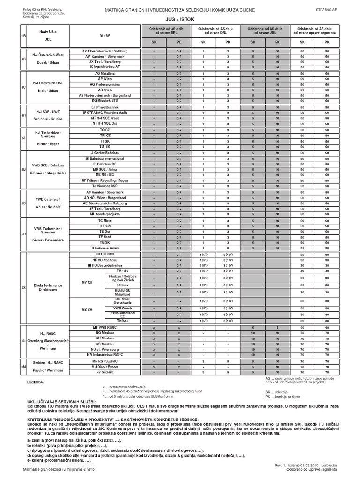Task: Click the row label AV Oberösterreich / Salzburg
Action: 105,51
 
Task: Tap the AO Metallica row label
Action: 105,74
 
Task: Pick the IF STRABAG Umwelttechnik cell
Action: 105,112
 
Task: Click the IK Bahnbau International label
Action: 105,158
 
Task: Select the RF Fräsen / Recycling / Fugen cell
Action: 105,180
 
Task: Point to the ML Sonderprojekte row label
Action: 105,214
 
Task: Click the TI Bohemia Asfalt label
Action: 105,248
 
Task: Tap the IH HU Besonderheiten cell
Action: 105,265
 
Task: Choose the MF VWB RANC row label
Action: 105,327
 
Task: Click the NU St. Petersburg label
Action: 105,349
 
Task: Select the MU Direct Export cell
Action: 105,367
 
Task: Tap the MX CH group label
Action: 87,310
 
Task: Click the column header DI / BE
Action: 105,35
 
